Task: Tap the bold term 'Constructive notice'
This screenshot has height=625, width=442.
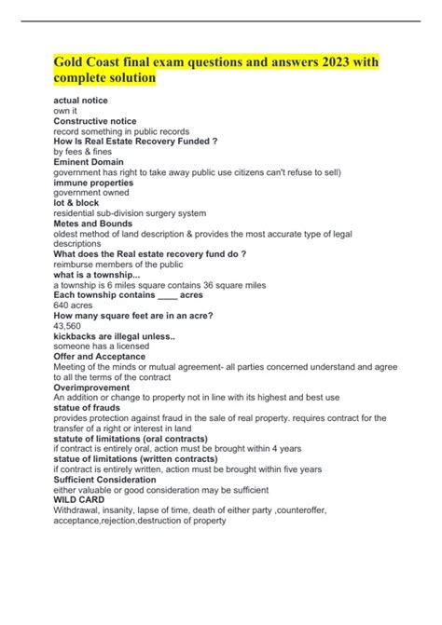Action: pyautogui.click(x=95, y=121)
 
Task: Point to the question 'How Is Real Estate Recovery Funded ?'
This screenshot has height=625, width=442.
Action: pyautogui.click(x=136, y=142)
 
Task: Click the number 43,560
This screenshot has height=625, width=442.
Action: pyautogui.click(x=70, y=326)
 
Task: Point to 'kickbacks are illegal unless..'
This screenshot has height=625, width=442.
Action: pyautogui.click(x=116, y=336)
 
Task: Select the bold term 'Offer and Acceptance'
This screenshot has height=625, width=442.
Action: pyautogui.click(x=99, y=357)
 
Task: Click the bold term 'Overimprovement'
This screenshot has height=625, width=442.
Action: pyautogui.click(x=91, y=387)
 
